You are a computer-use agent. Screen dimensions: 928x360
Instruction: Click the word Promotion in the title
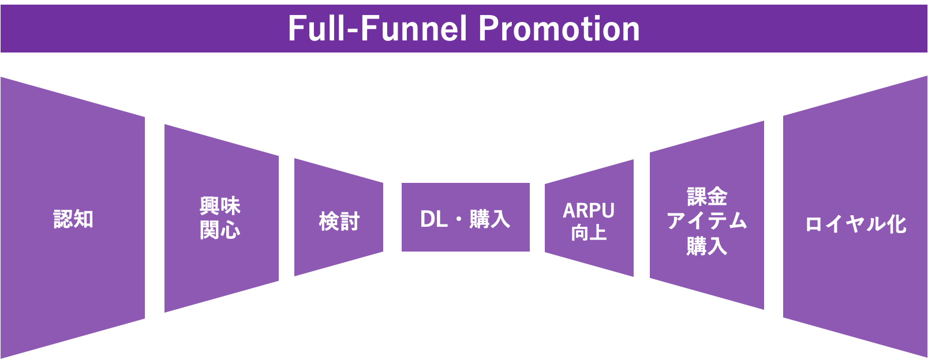[x=559, y=28]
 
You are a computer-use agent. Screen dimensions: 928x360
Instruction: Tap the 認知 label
[x=73, y=219]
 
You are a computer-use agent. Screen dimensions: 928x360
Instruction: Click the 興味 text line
[x=220, y=206]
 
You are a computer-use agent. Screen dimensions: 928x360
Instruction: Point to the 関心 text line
[x=220, y=230]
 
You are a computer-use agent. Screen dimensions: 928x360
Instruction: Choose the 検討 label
[x=339, y=221]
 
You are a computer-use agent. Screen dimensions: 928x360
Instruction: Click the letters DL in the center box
[x=434, y=219]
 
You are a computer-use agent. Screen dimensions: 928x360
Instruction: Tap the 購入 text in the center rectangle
[x=490, y=219]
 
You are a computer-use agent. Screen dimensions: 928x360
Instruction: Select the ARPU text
[x=589, y=211]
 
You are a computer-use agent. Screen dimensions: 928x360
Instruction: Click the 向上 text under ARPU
[x=589, y=233]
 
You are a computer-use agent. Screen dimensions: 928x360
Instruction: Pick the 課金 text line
[x=707, y=197]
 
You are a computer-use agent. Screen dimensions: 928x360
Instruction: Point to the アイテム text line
[x=707, y=221]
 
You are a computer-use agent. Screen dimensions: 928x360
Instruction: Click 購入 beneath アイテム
[x=707, y=246]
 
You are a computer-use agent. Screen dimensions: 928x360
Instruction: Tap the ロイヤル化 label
[x=855, y=224]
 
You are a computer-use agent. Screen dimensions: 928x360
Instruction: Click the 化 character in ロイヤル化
[x=897, y=224]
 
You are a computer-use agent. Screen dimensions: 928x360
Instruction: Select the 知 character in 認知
[x=84, y=219]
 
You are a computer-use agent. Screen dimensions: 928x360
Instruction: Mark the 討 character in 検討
[x=350, y=221]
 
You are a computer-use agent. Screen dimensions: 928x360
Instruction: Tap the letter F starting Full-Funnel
[x=295, y=28]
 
